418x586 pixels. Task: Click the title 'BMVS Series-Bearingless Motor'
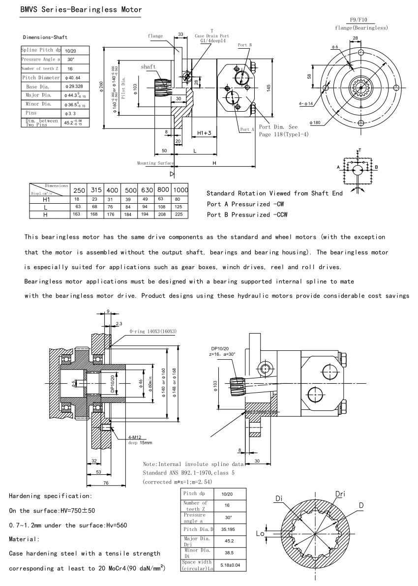81,9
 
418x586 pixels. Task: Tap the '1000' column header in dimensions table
181,190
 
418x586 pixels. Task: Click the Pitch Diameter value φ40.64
72,78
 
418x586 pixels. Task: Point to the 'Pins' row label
30,113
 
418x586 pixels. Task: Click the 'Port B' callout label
244,45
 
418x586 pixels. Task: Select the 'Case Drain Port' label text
212,36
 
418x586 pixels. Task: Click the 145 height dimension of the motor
269,87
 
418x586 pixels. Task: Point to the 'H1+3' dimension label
204,133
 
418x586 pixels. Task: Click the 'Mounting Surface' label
154,162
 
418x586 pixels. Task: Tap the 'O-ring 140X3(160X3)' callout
153,332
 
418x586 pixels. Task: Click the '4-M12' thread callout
135,436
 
